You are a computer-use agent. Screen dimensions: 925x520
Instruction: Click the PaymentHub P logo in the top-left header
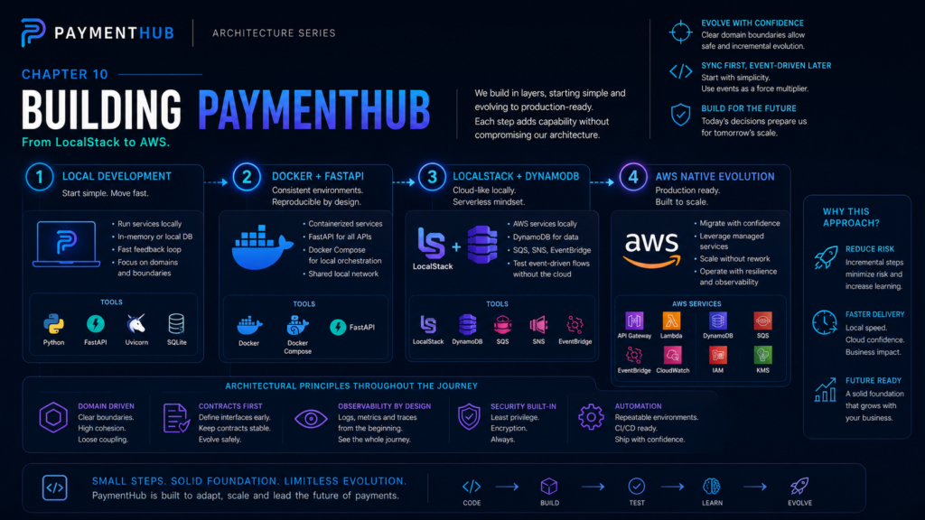point(33,32)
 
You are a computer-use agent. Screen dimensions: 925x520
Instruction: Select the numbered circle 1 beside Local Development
point(40,177)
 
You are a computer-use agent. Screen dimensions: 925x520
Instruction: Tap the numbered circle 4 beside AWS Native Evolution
point(633,177)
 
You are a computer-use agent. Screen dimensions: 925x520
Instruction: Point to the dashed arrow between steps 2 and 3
point(404,182)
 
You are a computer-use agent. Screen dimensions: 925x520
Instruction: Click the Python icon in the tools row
point(53,324)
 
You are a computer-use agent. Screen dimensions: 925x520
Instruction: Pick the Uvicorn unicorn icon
point(136,324)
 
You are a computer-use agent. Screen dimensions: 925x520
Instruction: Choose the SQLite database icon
point(176,324)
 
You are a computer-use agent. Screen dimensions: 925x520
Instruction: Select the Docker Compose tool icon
point(297,325)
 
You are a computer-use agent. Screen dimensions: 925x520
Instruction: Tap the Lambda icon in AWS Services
point(671,320)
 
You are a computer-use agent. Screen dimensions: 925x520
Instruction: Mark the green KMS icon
point(762,355)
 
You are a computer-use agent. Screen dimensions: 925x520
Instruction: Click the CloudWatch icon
point(672,355)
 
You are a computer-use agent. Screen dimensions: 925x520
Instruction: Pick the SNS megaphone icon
point(538,324)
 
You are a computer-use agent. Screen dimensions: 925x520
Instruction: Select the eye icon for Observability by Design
point(311,419)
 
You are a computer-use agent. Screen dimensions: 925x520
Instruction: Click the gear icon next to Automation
point(591,417)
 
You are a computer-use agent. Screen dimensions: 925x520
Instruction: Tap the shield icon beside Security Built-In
point(469,417)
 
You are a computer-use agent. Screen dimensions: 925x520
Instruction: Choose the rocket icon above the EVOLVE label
point(799,487)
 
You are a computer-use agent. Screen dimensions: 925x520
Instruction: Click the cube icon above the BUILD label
point(549,487)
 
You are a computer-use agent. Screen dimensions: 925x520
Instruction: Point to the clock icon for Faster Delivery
point(824,322)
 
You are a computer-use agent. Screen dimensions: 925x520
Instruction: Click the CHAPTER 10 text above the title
point(65,74)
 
